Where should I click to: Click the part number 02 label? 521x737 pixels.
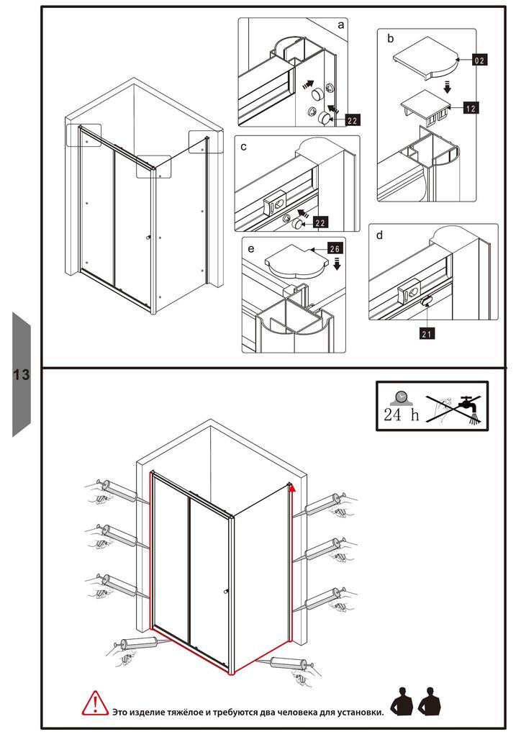click(479, 60)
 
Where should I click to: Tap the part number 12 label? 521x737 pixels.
click(471, 108)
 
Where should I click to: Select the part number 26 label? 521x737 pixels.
click(335, 248)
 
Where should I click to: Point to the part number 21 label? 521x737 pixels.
click(427, 333)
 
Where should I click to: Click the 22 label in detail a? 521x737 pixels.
click(353, 120)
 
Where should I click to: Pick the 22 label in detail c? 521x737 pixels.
click(320, 223)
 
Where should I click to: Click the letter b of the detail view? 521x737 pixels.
click(391, 39)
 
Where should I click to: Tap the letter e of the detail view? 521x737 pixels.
click(250, 248)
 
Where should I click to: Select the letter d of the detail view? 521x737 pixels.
click(379, 235)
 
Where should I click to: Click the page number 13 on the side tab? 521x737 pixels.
click(21, 374)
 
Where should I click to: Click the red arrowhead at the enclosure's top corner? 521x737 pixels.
click(292, 488)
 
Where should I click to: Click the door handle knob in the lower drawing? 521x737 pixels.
click(226, 592)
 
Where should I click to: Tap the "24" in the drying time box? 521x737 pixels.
click(392, 415)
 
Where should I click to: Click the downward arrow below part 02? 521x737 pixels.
click(448, 86)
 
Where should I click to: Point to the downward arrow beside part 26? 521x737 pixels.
click(337, 264)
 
